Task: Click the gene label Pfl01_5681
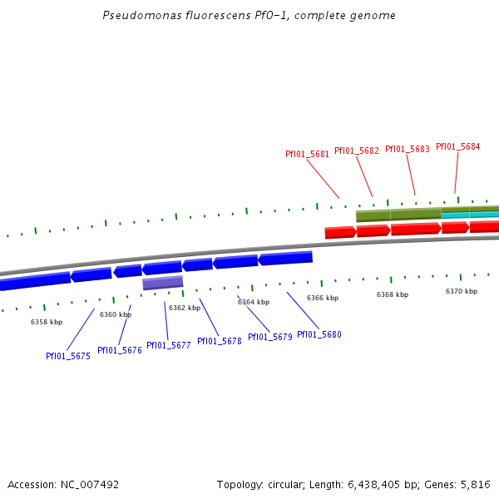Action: (307, 154)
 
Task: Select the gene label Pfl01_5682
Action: (357, 151)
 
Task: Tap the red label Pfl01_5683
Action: (408, 149)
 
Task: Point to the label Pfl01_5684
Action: (458, 146)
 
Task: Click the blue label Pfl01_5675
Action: (68, 356)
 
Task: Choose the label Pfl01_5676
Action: (120, 350)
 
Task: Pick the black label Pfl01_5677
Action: (169, 345)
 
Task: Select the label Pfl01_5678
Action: (220, 341)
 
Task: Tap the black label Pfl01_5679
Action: (270, 337)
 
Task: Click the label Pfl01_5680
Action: (319, 334)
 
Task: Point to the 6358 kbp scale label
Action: (47, 322)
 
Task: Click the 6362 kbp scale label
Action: (185, 308)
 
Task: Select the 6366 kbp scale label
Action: (323, 298)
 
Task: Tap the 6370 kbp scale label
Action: (462, 291)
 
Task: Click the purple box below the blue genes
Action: (163, 283)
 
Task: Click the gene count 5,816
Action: (477, 484)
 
